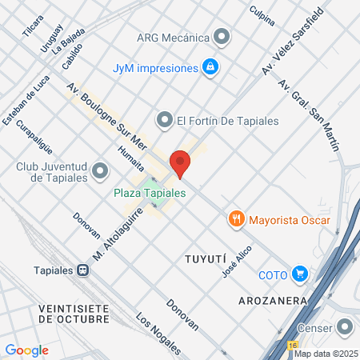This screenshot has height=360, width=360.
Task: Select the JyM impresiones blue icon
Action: (x=210, y=68)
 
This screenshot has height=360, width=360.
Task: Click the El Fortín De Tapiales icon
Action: (x=166, y=121)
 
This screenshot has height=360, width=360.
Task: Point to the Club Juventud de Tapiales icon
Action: (x=101, y=170)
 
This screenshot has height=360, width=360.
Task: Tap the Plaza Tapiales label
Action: (x=150, y=194)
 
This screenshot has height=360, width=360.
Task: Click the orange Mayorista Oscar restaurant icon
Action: (x=236, y=218)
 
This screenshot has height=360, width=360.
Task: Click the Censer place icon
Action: (x=345, y=327)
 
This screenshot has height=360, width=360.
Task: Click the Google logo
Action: (x=27, y=350)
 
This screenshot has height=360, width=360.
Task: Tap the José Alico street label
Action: (x=238, y=262)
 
